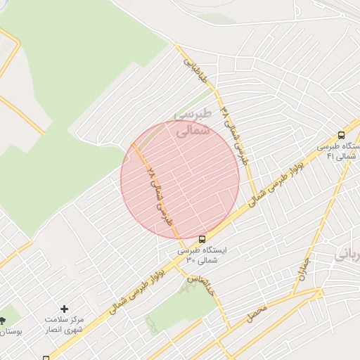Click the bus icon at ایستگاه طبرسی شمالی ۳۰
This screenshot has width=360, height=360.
click(x=202, y=239)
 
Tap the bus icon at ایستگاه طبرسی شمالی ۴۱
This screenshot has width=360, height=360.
click(x=341, y=135)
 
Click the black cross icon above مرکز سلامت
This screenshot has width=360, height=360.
click(x=65, y=308)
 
